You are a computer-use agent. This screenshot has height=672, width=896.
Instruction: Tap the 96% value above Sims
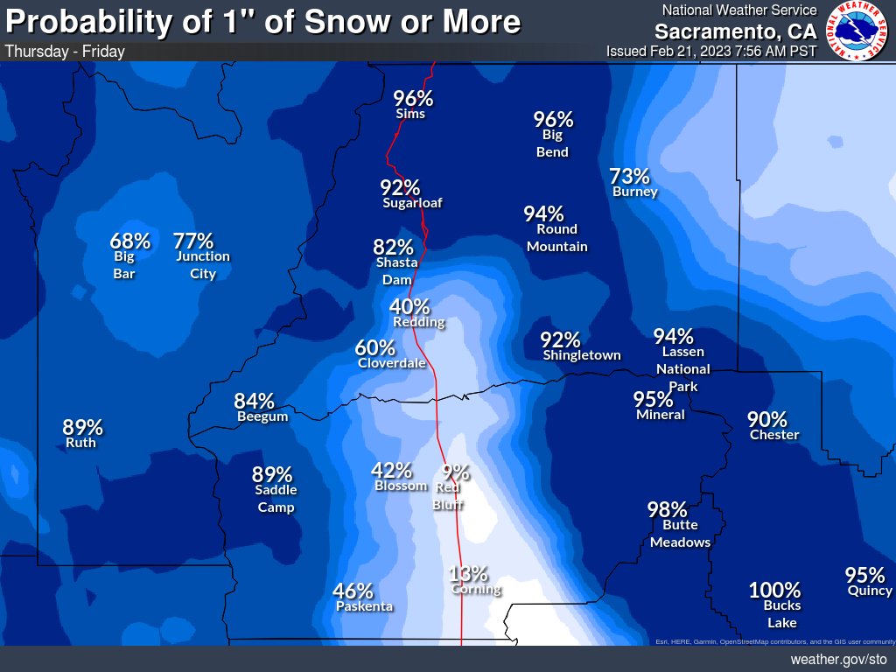412,98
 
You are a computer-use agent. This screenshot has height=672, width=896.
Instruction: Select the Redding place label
418,322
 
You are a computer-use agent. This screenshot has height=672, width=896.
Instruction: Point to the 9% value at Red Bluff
456,472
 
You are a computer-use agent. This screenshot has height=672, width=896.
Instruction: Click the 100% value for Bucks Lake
774,590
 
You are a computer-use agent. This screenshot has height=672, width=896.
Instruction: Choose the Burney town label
634,192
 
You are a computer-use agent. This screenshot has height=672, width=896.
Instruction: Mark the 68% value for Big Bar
129,240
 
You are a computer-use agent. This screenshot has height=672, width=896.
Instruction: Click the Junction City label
202,265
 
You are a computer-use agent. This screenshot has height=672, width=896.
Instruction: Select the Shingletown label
581,355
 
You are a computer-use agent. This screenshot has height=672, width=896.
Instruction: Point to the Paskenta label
364,606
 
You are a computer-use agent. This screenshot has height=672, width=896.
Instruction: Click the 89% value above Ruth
82,427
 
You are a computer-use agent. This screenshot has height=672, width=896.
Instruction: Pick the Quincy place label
870,591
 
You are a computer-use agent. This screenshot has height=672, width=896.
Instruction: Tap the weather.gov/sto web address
838,659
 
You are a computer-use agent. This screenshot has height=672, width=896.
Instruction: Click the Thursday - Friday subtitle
65,51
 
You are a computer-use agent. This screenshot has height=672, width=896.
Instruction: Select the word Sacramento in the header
723,31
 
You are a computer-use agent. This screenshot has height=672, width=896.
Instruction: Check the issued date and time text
710,51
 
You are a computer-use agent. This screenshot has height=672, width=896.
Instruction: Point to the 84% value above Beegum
254,401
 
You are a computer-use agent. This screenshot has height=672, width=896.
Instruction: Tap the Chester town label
774,435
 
